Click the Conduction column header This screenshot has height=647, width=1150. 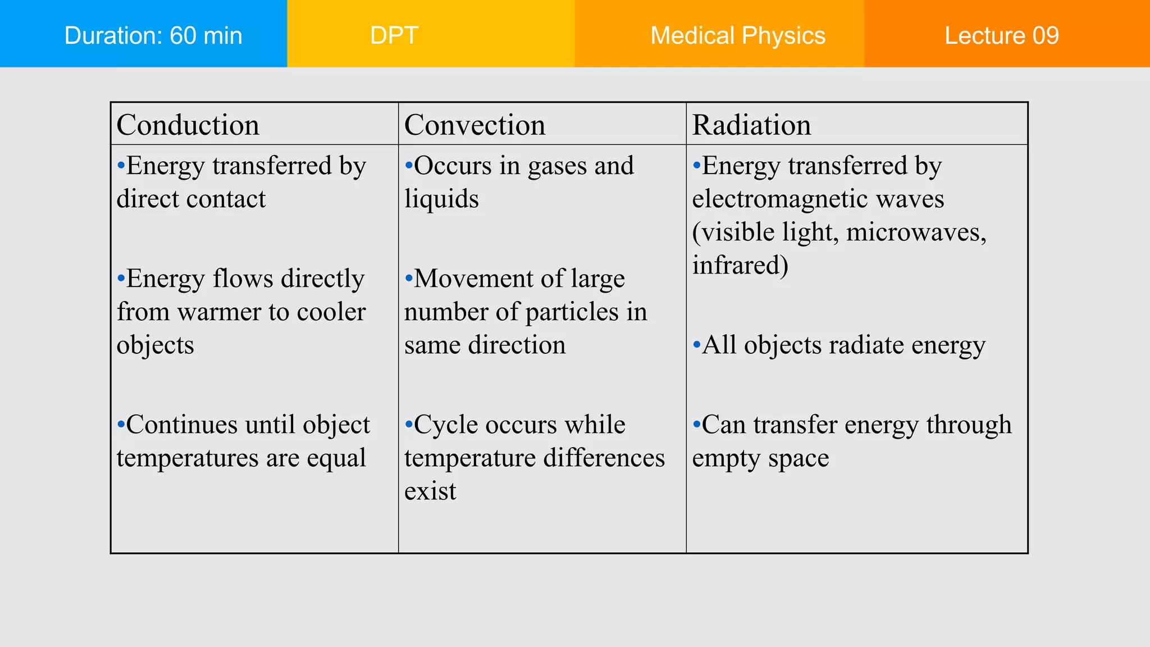(188, 125)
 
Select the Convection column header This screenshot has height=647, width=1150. (474, 125)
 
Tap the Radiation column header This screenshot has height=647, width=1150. (751, 125)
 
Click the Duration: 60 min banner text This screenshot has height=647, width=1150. (153, 35)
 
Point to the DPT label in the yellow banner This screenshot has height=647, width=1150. (394, 35)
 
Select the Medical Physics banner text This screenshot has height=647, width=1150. (738, 35)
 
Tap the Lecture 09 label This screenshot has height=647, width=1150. (1002, 35)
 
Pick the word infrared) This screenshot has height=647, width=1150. (740, 265)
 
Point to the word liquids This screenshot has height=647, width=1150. (441, 199)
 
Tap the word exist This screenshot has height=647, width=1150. (430, 491)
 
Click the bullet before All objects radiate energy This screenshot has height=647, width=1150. (696, 344)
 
